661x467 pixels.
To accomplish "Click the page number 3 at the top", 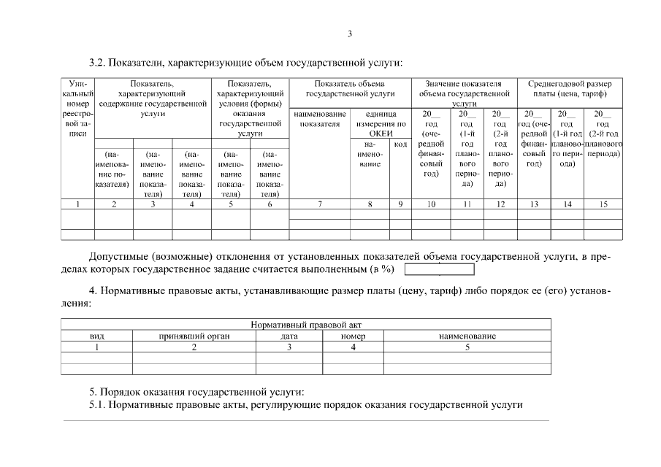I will tap(350, 34).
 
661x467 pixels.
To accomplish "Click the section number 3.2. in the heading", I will tap(98, 63).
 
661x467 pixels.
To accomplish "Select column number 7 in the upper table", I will tap(319, 204).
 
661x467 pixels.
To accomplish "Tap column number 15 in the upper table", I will tap(603, 204).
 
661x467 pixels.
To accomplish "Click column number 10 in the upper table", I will tap(431, 204).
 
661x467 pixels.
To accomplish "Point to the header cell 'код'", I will tap(400, 144).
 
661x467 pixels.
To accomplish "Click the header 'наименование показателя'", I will tap(319, 118).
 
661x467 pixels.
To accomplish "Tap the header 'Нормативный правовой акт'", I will tap(306, 325).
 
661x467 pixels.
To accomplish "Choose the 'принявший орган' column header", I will tap(194, 336).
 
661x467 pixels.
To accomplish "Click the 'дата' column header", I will tap(289, 336).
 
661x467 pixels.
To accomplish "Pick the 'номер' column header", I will tap(353, 336).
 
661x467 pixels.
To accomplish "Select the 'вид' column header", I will tap(96, 336).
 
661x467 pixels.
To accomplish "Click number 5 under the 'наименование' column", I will tap(467, 347).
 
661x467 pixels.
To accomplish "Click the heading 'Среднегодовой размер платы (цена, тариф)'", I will tap(570, 89).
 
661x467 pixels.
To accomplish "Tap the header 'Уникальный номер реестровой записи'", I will tap(77, 109).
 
